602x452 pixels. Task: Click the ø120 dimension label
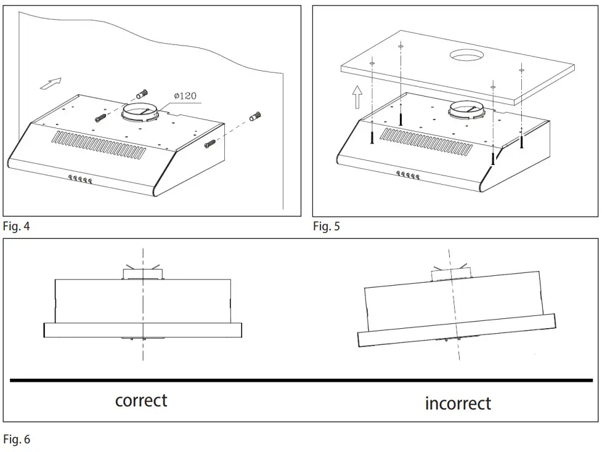(x=185, y=96)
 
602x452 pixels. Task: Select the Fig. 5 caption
(x=326, y=226)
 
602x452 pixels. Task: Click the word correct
(x=141, y=400)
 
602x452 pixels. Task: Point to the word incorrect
(x=458, y=403)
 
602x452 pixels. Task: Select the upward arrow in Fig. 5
(x=357, y=97)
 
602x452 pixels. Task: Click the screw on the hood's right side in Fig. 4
(x=210, y=145)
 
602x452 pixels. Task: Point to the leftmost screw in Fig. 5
(x=372, y=138)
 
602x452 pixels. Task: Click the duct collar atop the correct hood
(x=142, y=273)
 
